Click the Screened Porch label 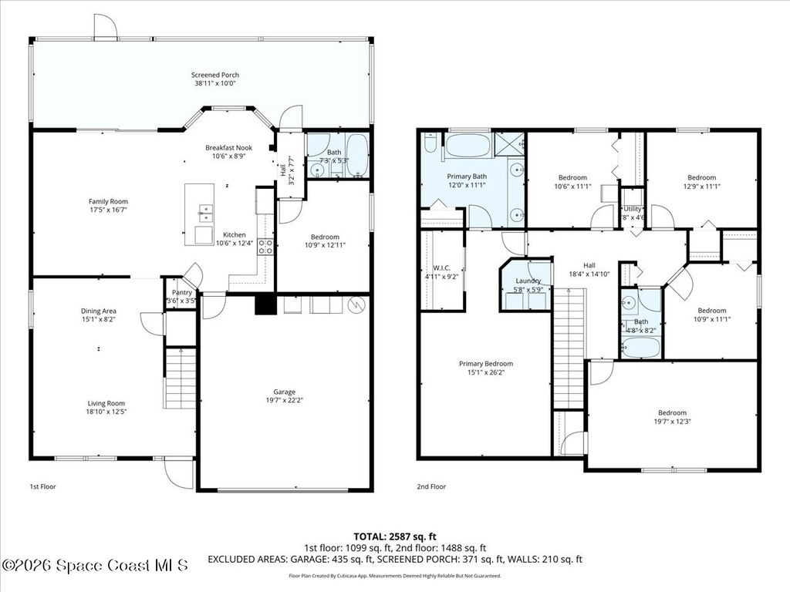204,75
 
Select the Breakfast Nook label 228,147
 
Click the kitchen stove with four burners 265,247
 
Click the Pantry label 181,292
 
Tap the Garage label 285,392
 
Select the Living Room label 106,403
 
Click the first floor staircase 181,378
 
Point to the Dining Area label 99,311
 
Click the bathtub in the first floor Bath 357,156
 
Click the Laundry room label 528,281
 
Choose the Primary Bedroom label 485,364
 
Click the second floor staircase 569,347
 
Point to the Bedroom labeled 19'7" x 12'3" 672,412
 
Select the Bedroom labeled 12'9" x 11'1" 701,177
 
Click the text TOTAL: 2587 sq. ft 394,536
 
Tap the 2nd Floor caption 431,486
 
